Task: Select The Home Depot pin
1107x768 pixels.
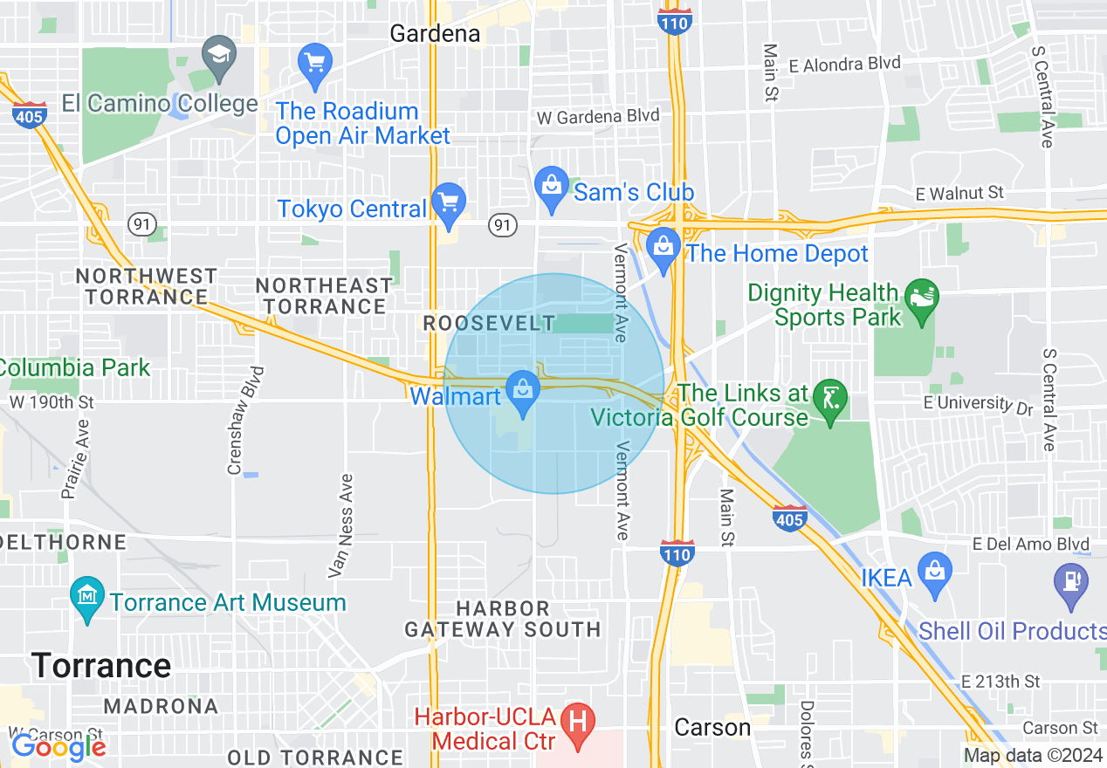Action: [664, 248]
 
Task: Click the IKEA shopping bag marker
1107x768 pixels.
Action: [934, 573]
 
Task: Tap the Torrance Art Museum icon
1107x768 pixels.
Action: [87, 597]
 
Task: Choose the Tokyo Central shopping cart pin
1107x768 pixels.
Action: [449, 203]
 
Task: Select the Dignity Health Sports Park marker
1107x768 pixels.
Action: [922, 298]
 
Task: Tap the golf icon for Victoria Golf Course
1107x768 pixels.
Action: [829, 399]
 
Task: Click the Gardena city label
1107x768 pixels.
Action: [435, 33]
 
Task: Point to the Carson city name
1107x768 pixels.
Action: [712, 727]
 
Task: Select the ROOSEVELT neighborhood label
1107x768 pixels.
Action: [489, 323]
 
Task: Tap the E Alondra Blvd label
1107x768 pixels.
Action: [845, 64]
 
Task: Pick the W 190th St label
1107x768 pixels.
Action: [52, 402]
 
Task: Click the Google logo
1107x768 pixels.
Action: [58, 746]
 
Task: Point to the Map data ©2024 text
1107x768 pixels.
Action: [1032, 756]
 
